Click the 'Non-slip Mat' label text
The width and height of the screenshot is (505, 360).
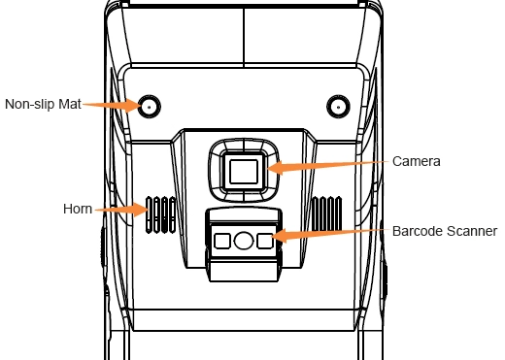[x=43, y=104]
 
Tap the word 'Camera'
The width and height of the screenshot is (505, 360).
[x=417, y=161]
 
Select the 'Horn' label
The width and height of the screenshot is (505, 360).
[x=78, y=209]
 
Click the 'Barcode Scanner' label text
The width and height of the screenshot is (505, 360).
[x=445, y=231]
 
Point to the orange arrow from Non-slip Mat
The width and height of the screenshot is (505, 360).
[x=112, y=105]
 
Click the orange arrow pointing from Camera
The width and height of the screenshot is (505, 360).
[x=327, y=166]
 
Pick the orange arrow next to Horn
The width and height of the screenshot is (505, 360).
[x=121, y=210]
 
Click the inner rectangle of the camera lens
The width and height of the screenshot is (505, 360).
[x=244, y=172]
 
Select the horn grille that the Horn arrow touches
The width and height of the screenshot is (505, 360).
[x=160, y=214]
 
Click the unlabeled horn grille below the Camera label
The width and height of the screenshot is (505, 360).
[x=326, y=213]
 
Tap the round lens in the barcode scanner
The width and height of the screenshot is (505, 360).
[x=244, y=241]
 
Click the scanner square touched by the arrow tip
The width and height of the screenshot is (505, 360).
[x=265, y=241]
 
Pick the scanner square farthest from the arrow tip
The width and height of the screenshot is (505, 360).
[x=222, y=241]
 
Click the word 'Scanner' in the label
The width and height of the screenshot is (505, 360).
[x=472, y=231]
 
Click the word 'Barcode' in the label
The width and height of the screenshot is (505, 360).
[x=418, y=231]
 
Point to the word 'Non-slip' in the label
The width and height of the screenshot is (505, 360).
[x=30, y=104]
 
